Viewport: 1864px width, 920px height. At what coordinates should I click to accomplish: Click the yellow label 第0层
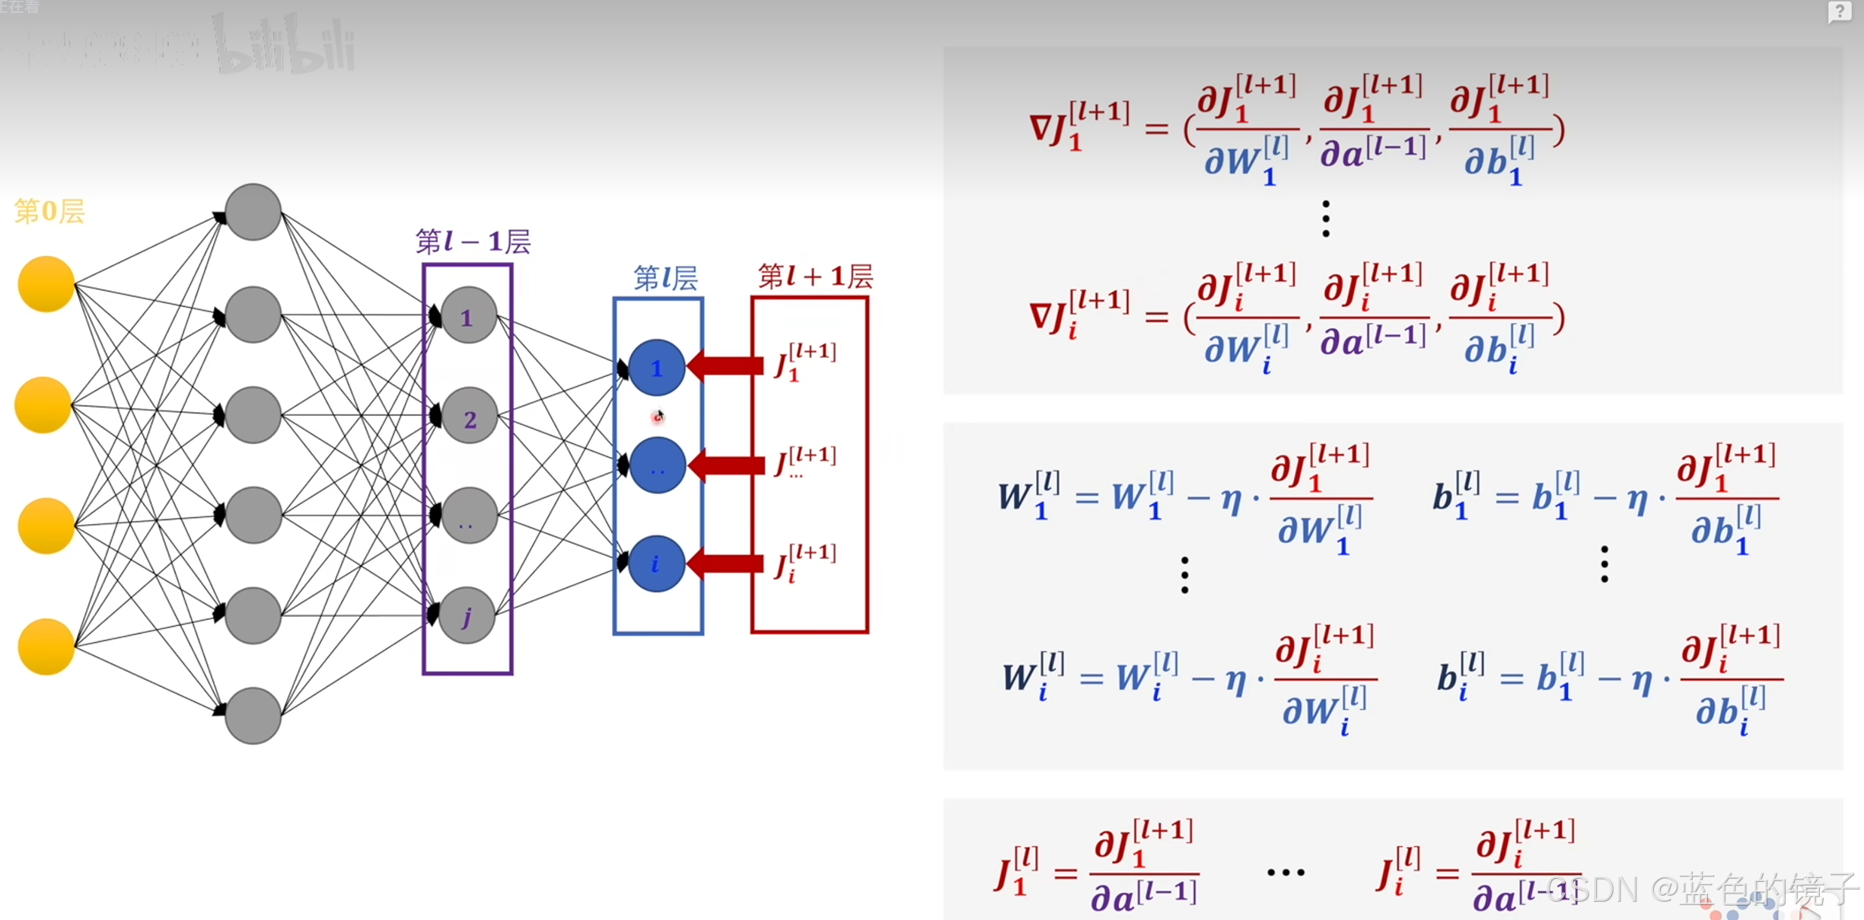pyautogui.click(x=49, y=211)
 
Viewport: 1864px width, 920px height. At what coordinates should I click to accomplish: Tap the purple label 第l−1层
pyautogui.click(x=473, y=242)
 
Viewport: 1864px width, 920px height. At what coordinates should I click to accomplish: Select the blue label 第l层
pyautogui.click(x=665, y=279)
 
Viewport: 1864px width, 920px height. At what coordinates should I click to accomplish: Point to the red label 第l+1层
pyautogui.click(x=814, y=276)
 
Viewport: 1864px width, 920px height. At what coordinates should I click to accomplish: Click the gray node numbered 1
pyautogui.click(x=468, y=316)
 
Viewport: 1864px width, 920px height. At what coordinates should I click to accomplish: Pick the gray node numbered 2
pyautogui.click(x=470, y=417)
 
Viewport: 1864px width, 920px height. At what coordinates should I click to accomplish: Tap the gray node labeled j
pyautogui.click(x=467, y=615)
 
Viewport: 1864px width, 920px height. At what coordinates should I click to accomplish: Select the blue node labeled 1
pyautogui.click(x=656, y=368)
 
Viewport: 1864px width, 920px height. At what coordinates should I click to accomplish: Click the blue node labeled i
pyautogui.click(x=655, y=564)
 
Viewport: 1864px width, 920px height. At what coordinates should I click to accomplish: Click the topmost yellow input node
pyautogui.click(x=46, y=284)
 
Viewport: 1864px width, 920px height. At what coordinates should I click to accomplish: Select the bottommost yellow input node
pyautogui.click(x=46, y=647)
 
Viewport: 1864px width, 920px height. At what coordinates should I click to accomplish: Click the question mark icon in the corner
pyautogui.click(x=1839, y=12)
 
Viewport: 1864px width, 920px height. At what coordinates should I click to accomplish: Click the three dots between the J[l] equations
pyautogui.click(x=1286, y=873)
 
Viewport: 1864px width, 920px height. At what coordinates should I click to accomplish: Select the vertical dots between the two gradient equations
pyautogui.click(x=1326, y=219)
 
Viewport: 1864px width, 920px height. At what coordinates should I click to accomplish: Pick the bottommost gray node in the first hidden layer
pyautogui.click(x=253, y=715)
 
